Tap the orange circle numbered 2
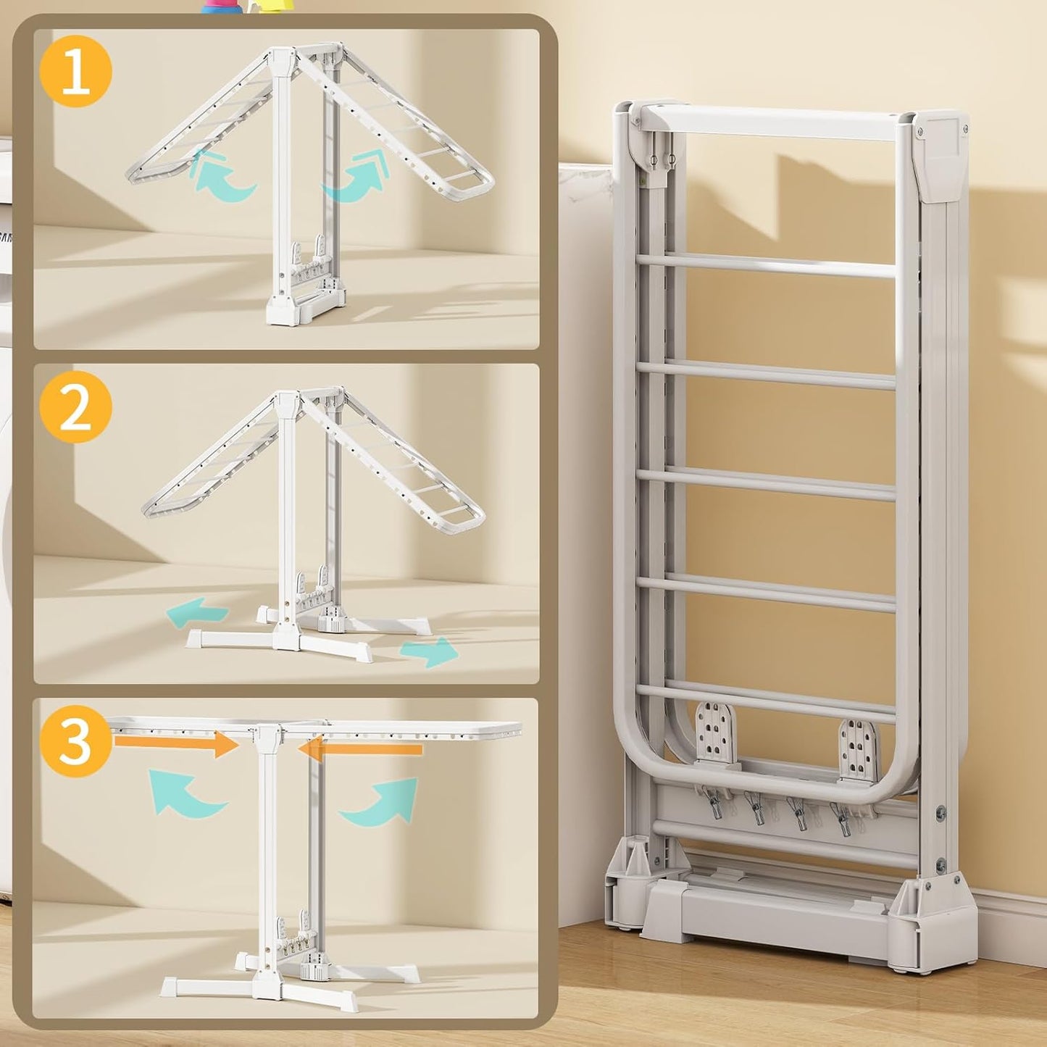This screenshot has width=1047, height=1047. pos(76,408)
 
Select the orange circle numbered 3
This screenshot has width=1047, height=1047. pos(76,741)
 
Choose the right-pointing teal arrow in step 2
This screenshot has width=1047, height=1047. pos(430,651)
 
